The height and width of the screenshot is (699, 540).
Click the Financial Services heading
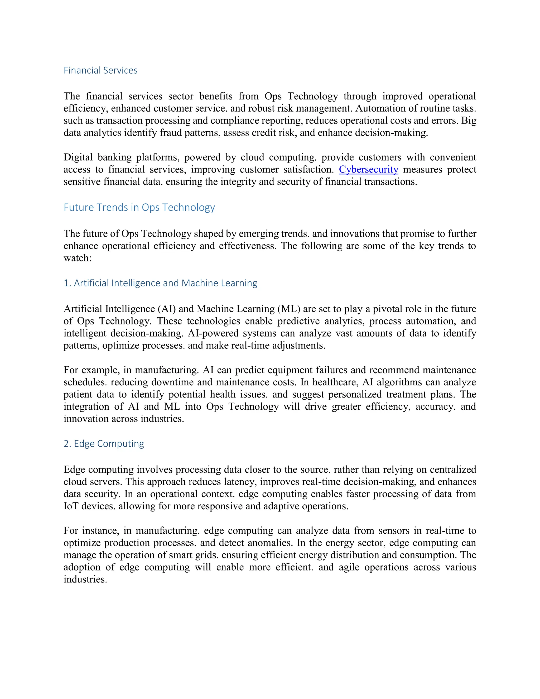coord(100,70)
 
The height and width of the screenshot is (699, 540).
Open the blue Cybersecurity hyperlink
coord(369,169)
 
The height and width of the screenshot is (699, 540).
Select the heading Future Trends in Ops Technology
coord(139,207)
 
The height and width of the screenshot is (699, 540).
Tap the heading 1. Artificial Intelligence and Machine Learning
coord(160,283)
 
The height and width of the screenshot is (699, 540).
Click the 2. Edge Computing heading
coord(104,444)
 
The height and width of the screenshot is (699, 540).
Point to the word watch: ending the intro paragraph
coord(78,258)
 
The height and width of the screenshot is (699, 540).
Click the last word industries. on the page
coord(85,579)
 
